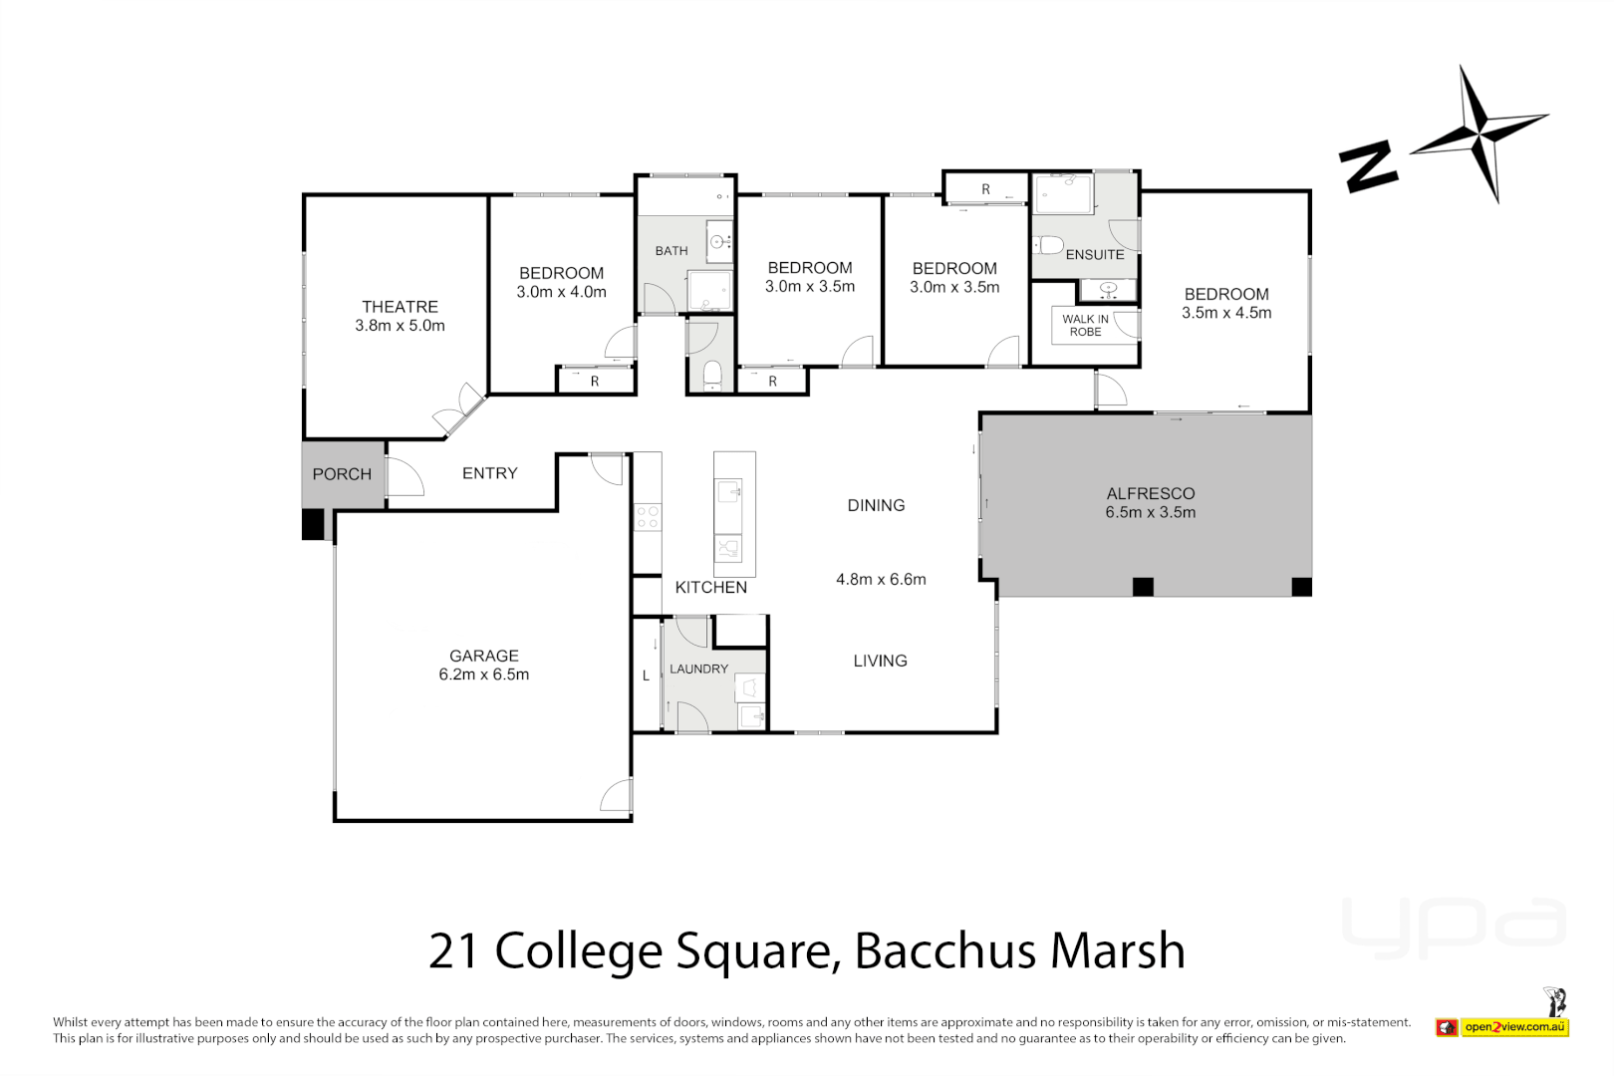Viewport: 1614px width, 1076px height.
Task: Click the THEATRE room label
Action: click(400, 307)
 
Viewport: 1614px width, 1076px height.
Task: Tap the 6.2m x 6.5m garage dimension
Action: click(484, 674)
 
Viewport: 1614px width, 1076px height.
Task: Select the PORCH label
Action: click(342, 474)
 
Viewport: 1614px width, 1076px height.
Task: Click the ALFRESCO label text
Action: click(1151, 493)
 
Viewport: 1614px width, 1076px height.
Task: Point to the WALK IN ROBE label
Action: click(1085, 326)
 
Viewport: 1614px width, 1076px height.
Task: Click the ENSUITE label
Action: click(1095, 255)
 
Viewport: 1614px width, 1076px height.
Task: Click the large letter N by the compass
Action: click(1368, 166)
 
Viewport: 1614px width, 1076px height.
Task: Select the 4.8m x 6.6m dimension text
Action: click(881, 579)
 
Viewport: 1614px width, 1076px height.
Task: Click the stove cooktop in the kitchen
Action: click(648, 517)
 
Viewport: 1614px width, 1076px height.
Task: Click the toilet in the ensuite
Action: click(1047, 245)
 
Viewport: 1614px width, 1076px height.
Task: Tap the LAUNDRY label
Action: click(698, 669)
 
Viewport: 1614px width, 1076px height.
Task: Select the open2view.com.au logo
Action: click(1515, 1026)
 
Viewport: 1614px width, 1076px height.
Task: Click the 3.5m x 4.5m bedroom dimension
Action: click(1226, 313)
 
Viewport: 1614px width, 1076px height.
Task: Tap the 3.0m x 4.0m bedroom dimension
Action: click(561, 292)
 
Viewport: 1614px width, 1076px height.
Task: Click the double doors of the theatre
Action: click(459, 409)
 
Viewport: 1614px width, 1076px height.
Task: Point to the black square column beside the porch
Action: click(313, 524)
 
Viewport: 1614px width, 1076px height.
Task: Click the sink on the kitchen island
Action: click(729, 492)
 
